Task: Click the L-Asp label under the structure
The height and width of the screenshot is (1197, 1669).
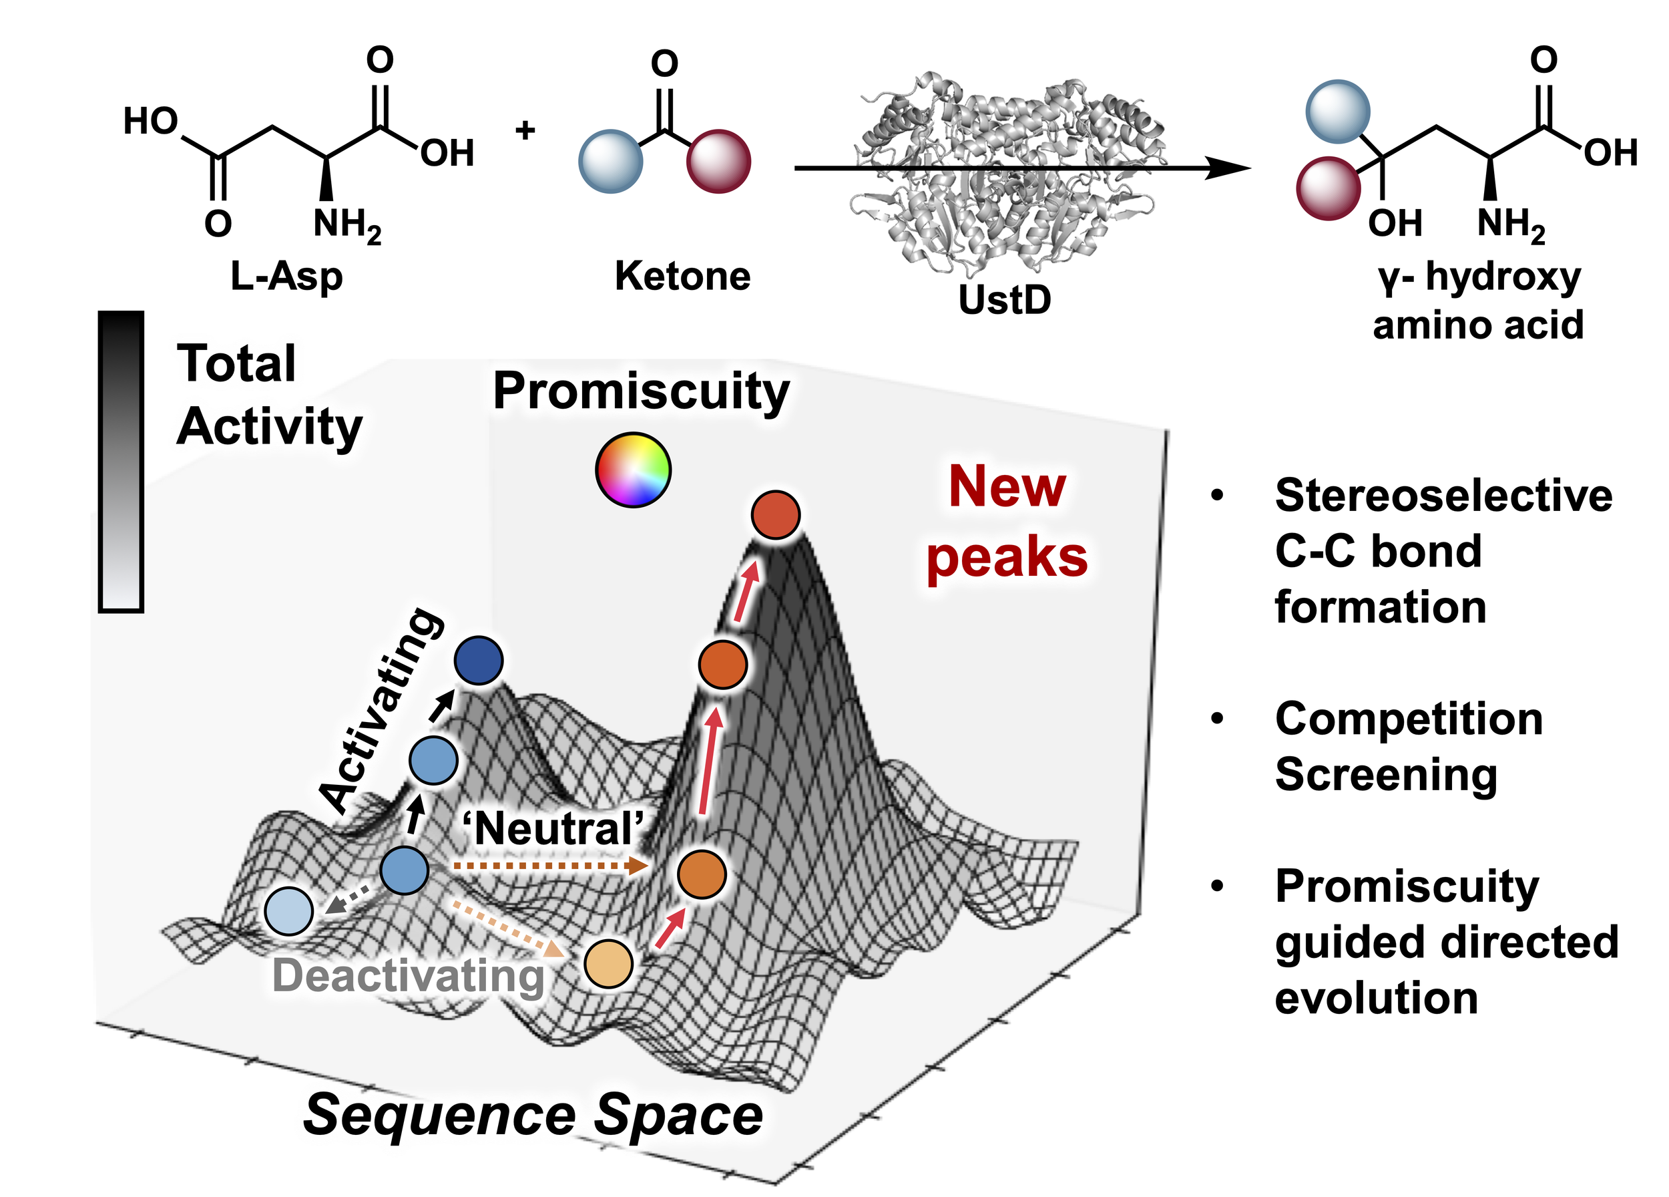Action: click(x=286, y=277)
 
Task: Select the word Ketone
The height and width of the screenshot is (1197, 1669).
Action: click(x=682, y=276)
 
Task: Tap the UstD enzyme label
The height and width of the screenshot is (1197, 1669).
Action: click(x=1005, y=300)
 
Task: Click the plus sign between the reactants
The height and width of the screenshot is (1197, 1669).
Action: click(x=525, y=130)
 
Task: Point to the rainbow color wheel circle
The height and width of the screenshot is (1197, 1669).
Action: click(x=633, y=470)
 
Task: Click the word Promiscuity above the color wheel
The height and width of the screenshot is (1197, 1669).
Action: click(x=641, y=391)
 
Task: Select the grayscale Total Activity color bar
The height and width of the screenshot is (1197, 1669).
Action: click(x=121, y=462)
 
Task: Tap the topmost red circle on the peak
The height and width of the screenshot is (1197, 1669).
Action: click(x=776, y=514)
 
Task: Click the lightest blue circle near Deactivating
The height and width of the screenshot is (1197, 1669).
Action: click(x=289, y=911)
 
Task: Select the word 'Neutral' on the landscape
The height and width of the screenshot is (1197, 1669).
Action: click(x=553, y=828)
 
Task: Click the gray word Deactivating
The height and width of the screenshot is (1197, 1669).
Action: click(x=409, y=976)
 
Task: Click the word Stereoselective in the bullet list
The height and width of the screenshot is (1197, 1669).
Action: click(x=1444, y=495)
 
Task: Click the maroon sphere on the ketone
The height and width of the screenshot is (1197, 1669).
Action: click(x=718, y=161)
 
